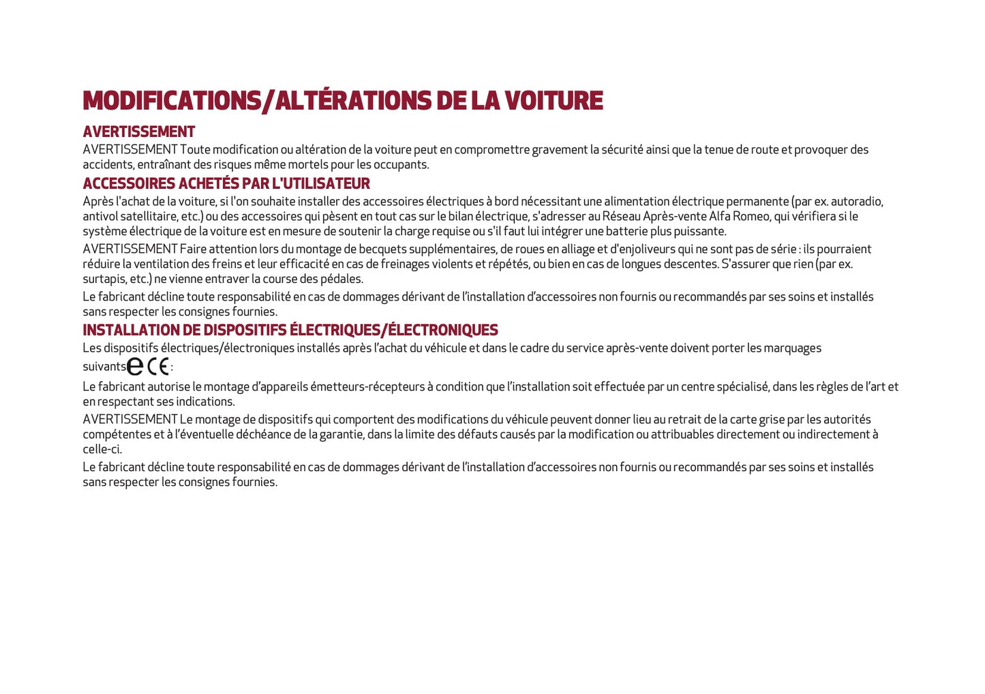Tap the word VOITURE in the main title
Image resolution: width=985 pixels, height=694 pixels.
click(x=554, y=101)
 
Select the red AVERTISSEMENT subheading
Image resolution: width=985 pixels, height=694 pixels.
click(x=139, y=132)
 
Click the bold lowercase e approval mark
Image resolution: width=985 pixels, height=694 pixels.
click(x=135, y=367)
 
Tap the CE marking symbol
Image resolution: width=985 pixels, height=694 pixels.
click(x=158, y=367)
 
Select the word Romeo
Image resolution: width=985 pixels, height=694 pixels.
click(x=752, y=216)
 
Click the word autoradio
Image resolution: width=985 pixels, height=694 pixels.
click(x=856, y=201)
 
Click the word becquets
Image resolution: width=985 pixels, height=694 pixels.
click(x=380, y=249)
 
